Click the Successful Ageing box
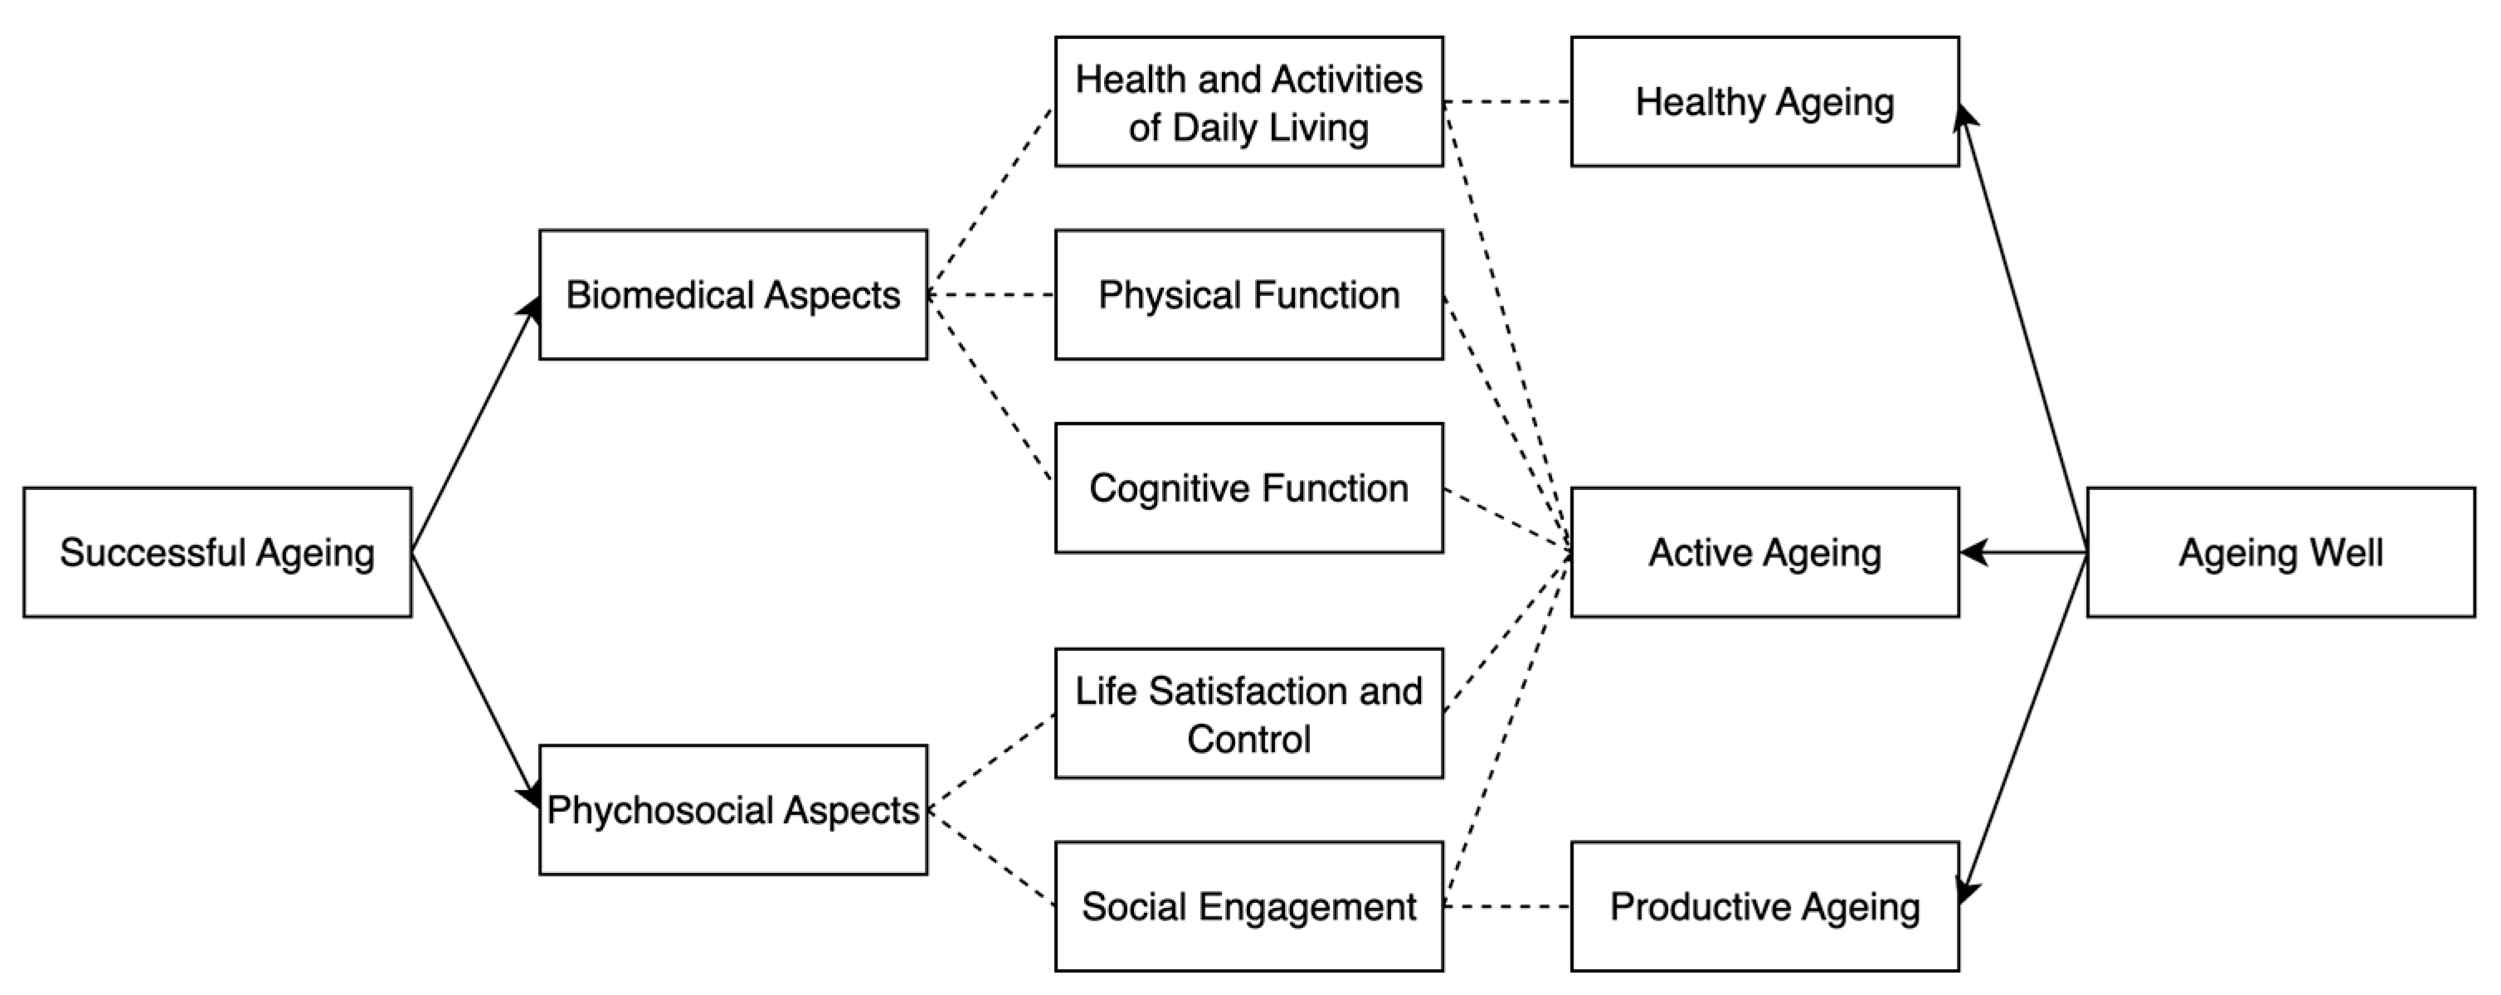217,552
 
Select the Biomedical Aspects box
733,295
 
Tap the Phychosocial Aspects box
733,809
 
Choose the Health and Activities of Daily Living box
1248,102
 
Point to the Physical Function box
1248,295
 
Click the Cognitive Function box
1248,488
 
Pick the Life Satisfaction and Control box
1248,713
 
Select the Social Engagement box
1248,906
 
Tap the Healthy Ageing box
1764,102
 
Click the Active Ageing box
1764,552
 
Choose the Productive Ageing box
1764,906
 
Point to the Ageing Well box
2280,552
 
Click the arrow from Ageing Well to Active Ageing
2023,552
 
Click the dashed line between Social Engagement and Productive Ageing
1506,906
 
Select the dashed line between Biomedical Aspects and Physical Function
991,295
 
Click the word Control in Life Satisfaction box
1248,740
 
